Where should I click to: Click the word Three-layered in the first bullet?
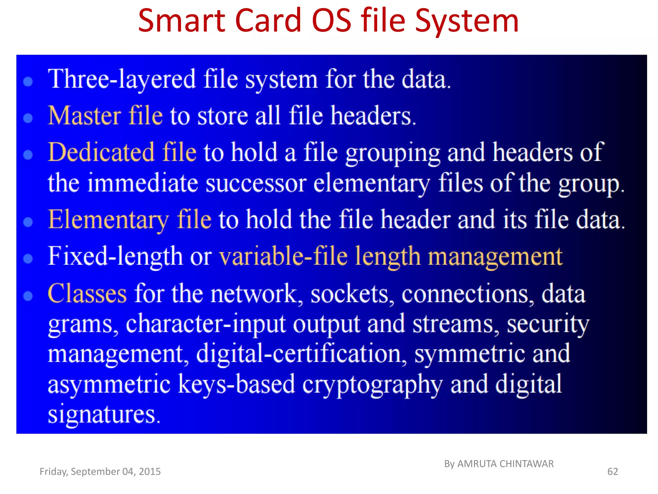[122, 79]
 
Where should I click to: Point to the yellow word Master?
[84, 115]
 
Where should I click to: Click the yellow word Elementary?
[108, 220]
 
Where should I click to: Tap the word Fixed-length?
[115, 257]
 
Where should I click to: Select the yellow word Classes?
[87, 294]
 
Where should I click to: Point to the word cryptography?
[372, 385]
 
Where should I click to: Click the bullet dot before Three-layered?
[28, 81]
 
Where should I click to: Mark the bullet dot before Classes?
[28, 296]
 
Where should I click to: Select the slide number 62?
[612, 471]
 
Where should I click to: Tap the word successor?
[256, 183]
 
